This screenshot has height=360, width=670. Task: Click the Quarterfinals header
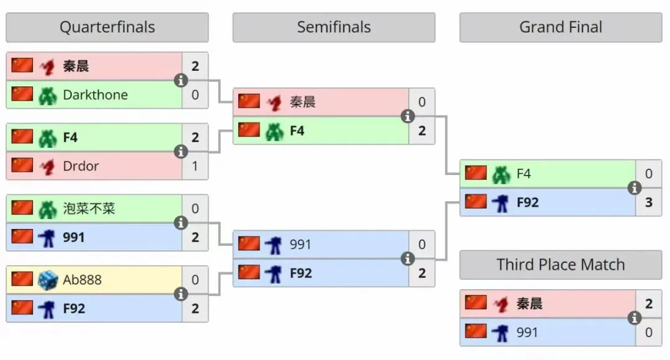click(107, 27)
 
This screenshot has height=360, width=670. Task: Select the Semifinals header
click(334, 27)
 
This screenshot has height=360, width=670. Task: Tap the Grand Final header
click(561, 27)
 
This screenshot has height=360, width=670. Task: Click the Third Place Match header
click(561, 265)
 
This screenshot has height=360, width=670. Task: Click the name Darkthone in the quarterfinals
click(95, 95)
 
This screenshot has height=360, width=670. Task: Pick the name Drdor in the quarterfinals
click(81, 166)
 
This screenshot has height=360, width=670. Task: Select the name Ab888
click(82, 280)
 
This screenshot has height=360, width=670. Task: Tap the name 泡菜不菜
click(89, 209)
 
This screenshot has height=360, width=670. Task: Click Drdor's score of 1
click(195, 166)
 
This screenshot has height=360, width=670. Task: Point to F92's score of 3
click(649, 202)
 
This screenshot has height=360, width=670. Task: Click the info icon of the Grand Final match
click(634, 188)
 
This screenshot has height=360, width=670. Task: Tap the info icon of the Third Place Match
click(634, 318)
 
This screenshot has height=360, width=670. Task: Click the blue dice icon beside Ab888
click(48, 280)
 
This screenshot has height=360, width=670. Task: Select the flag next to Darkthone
click(22, 94)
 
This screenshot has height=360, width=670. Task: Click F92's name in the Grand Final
click(527, 202)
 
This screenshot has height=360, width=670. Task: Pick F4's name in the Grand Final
click(524, 174)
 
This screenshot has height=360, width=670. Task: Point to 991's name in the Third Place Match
click(527, 333)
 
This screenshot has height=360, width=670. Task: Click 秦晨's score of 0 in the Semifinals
click(422, 102)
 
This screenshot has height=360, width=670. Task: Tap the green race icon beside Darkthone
click(48, 95)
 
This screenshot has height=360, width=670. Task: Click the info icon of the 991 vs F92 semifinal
click(408, 259)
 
